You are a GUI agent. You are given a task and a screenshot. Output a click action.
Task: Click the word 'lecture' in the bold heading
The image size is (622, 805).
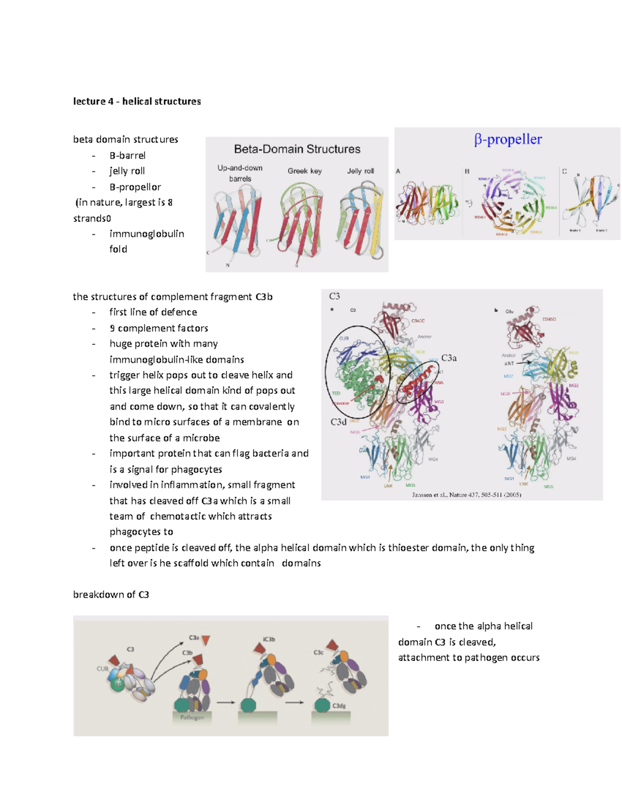coord(89,102)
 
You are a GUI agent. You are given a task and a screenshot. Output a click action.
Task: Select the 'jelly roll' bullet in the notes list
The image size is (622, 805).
coord(127,171)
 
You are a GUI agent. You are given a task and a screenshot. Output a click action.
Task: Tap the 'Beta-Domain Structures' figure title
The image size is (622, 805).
coord(297,149)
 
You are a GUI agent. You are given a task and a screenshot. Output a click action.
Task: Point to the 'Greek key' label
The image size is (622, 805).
coord(305,171)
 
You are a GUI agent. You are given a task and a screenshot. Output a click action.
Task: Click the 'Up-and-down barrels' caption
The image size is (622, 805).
coord(240,173)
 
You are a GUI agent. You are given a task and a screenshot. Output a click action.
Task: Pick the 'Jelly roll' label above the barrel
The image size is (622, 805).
coord(360,171)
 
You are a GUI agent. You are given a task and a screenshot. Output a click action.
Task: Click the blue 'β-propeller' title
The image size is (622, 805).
coord(508,139)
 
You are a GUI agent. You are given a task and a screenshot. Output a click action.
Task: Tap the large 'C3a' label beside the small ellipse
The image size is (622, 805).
coord(449,358)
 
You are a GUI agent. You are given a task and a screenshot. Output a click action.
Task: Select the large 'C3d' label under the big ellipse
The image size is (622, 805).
coord(338,422)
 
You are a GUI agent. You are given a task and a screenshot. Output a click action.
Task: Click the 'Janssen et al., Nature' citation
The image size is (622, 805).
coord(466,495)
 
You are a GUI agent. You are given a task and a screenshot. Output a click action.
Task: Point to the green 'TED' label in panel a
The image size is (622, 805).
coord(336,393)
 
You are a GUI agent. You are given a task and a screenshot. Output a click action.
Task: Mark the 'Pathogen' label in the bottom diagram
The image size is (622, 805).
coord(192,717)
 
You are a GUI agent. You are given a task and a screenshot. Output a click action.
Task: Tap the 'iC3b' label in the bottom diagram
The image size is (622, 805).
coord(269,639)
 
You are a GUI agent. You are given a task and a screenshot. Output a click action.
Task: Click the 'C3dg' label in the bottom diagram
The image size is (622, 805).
coord(339,706)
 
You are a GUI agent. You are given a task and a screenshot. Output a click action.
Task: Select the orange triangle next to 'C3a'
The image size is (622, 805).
coord(206,641)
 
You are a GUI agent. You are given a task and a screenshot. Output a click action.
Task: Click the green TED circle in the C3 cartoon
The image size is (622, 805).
coord(118,685)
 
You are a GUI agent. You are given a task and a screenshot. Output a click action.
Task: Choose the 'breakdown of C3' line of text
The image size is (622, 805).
coord(111,595)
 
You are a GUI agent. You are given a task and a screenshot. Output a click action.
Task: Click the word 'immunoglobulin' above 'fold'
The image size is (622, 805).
coord(147,234)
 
